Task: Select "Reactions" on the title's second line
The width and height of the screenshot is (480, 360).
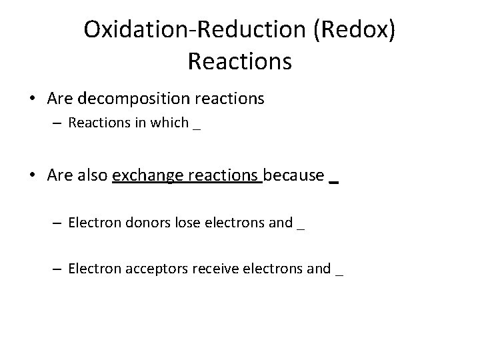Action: click(240, 61)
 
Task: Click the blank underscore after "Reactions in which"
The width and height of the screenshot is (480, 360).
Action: click(196, 127)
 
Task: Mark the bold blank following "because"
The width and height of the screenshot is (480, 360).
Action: click(334, 181)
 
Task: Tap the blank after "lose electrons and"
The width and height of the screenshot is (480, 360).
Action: click(301, 227)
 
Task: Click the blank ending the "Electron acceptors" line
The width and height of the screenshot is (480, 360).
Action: click(339, 273)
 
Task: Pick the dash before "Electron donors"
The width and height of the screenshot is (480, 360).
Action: click(59, 223)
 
